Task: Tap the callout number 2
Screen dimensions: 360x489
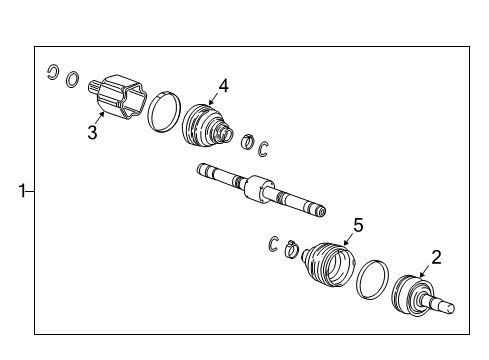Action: click(x=436, y=256)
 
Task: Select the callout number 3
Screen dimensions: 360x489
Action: click(x=92, y=132)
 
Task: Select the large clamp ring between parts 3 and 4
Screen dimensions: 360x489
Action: click(x=164, y=112)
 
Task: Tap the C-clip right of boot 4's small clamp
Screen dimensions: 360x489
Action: click(x=265, y=149)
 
